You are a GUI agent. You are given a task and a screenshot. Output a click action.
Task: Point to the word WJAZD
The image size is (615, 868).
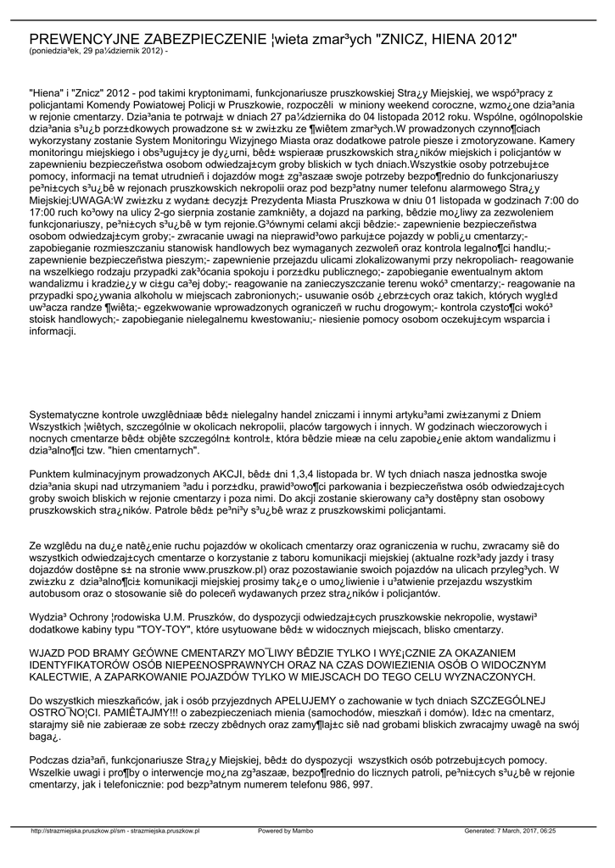pyautogui.click(x=50, y=628)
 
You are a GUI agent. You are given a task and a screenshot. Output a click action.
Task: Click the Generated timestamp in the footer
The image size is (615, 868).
pyautogui.click(x=510, y=831)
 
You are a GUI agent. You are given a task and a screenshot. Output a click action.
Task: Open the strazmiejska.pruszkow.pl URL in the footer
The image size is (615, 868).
pyautogui.click(x=115, y=831)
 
